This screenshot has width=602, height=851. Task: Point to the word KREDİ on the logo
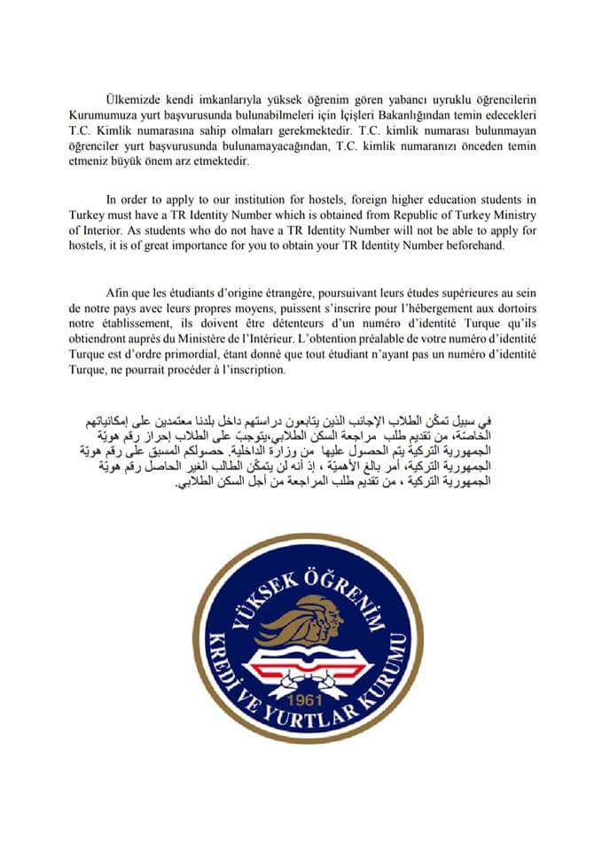coord(223,660)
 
